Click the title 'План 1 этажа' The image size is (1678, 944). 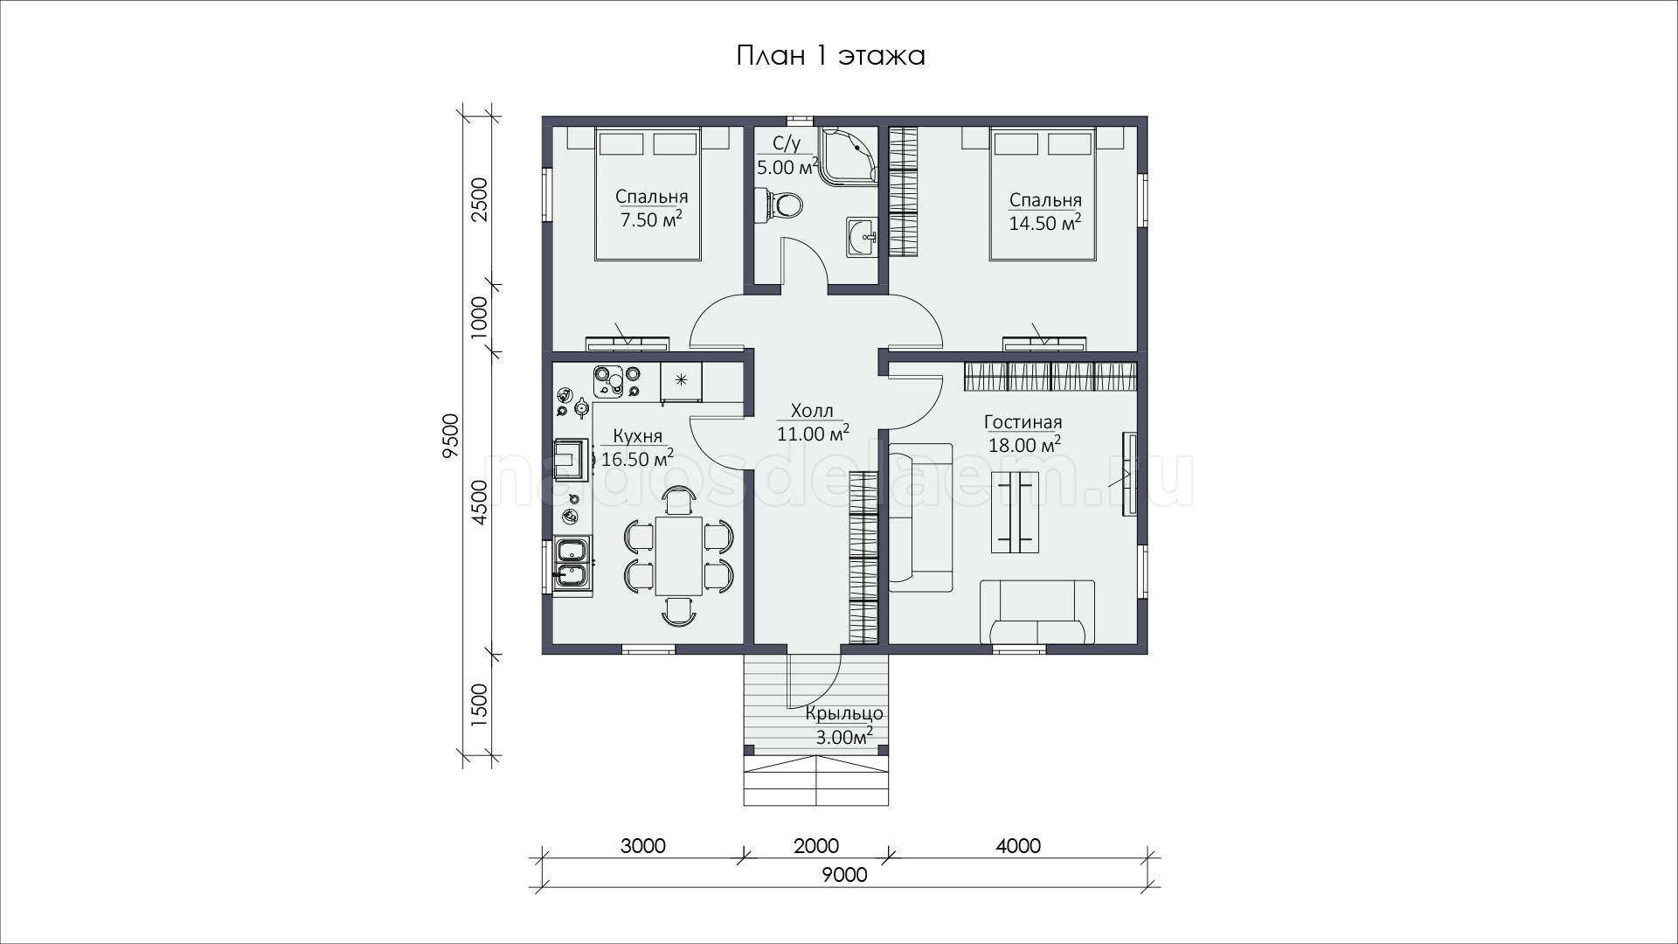(x=830, y=57)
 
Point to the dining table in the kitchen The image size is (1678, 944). (x=679, y=555)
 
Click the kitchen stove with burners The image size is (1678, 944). (x=615, y=382)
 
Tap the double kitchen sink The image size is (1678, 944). (x=573, y=563)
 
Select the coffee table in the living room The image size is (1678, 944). (x=1015, y=511)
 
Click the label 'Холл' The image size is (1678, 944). (x=812, y=411)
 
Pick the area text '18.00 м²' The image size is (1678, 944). (x=1024, y=445)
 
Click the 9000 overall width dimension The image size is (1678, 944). (x=844, y=875)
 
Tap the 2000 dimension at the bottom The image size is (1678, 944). (x=815, y=846)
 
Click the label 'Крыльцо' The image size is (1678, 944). (x=845, y=715)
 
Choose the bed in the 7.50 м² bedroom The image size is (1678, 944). (x=648, y=193)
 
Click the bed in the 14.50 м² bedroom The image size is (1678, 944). (x=1042, y=193)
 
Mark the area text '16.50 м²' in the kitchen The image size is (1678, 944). (x=637, y=458)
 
